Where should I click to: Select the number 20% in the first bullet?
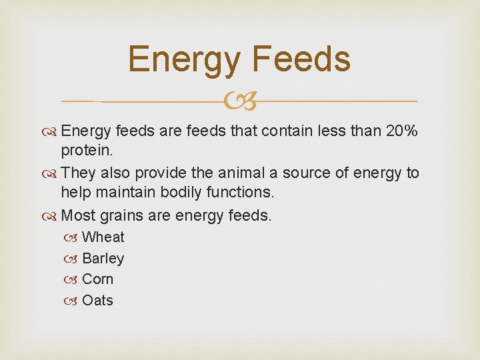402,131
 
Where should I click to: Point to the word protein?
86,153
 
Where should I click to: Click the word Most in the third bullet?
79,216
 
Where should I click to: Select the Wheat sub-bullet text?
103,237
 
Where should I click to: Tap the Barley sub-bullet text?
103,259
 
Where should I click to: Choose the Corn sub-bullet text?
98,279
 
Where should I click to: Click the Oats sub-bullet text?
98,301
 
